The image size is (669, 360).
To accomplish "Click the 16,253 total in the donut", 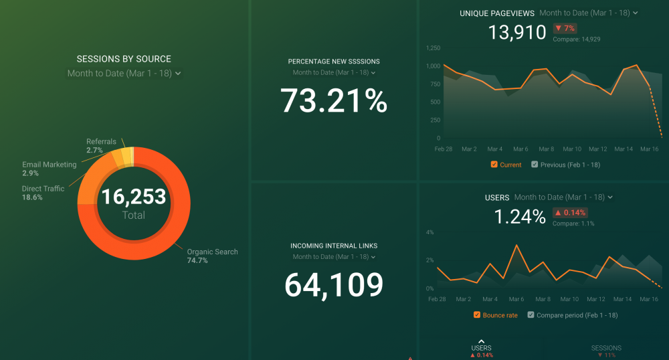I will pyautogui.click(x=134, y=197).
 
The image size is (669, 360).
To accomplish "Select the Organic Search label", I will pyautogui.click(x=212, y=252).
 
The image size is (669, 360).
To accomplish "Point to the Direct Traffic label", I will pyautogui.click(x=43, y=189).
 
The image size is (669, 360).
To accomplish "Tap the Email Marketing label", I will pyautogui.click(x=49, y=165).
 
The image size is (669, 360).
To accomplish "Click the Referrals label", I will pyautogui.click(x=101, y=142).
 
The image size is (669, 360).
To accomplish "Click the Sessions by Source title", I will pyautogui.click(x=124, y=59).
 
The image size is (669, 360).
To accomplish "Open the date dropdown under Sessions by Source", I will pyautogui.click(x=124, y=74).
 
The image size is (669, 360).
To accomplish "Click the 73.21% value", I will pyautogui.click(x=333, y=101).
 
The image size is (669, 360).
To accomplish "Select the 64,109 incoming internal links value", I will pyautogui.click(x=333, y=285).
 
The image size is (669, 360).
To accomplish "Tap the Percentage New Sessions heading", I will pyautogui.click(x=333, y=62).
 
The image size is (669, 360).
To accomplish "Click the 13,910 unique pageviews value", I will pyautogui.click(x=516, y=32).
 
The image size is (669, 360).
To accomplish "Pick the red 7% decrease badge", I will pyautogui.click(x=565, y=28).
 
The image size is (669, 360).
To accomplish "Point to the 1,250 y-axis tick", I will pyautogui.click(x=433, y=48).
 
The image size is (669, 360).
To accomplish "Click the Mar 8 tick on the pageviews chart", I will pyautogui.click(x=546, y=149).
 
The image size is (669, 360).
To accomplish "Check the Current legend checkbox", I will pyautogui.click(x=494, y=165).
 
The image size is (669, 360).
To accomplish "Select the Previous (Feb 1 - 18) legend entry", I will pyautogui.click(x=565, y=165).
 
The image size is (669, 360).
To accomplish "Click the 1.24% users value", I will pyautogui.click(x=519, y=217).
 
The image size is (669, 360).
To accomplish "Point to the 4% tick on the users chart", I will pyautogui.click(x=429, y=232).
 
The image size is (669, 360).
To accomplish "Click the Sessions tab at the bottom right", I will pyautogui.click(x=606, y=348).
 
